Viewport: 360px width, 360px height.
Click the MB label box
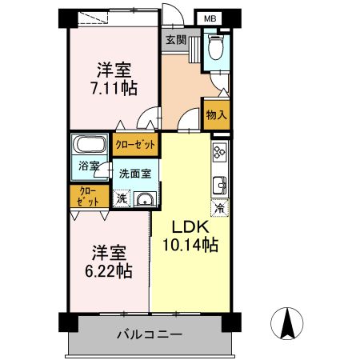point(209,19)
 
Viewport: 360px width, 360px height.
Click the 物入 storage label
point(217,114)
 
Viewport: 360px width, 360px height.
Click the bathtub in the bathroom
point(89,147)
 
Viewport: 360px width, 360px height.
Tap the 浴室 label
point(89,166)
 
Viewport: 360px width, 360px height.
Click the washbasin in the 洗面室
point(145,200)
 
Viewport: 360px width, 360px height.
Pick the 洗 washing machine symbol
point(122,198)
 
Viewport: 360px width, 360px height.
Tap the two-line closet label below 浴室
point(89,197)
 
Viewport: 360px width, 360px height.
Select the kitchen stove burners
point(218,151)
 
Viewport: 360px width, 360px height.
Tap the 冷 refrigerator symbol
point(218,208)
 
